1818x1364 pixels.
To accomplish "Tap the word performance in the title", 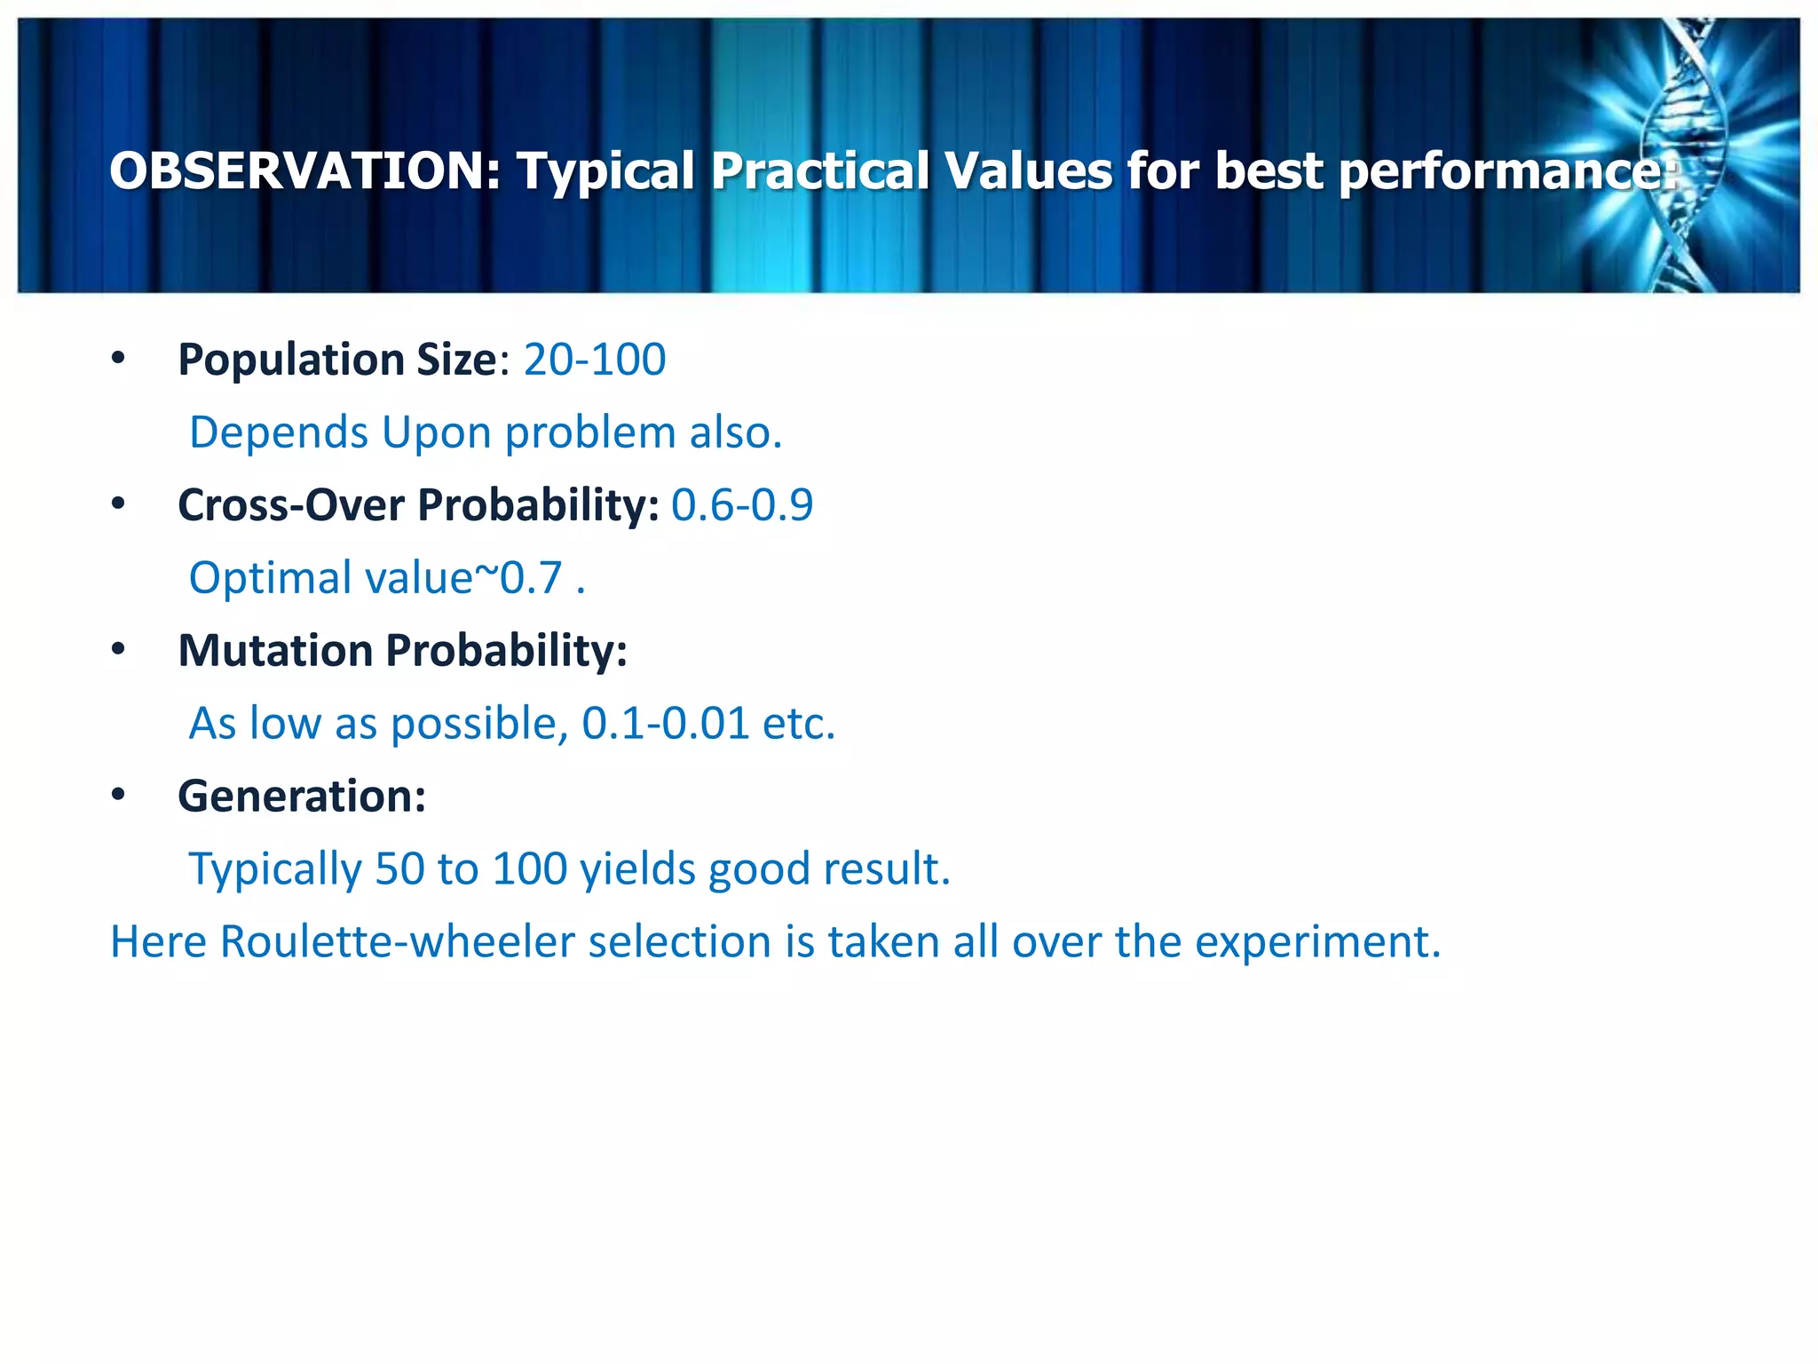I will [x=1506, y=170].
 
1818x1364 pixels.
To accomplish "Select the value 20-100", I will [x=594, y=360].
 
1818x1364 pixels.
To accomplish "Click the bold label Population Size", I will [x=337, y=360].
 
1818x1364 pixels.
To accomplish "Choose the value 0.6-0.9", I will [x=741, y=505].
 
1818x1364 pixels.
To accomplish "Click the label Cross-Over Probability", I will [x=417, y=505].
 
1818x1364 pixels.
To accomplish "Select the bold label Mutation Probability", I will [x=402, y=651].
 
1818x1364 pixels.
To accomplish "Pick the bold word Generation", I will [x=301, y=796].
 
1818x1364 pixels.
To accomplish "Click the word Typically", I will [x=274, y=868].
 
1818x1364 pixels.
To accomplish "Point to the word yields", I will [x=637, y=868].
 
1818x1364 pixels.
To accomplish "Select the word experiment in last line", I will [x=1317, y=941].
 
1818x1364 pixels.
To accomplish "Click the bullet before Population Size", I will [x=118, y=359].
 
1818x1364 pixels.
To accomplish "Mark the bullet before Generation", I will [x=118, y=795].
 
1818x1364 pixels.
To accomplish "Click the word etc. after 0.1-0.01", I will [x=799, y=723].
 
